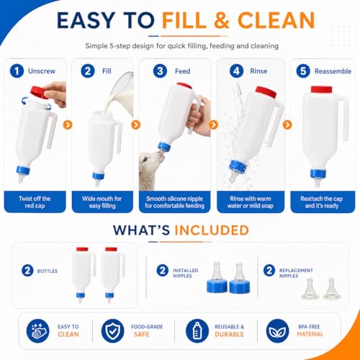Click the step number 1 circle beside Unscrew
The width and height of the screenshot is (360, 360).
[17, 71]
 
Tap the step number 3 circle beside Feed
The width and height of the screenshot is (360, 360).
[160, 71]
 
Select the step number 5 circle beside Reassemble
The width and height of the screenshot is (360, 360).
[303, 71]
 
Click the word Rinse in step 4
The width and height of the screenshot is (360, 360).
[258, 71]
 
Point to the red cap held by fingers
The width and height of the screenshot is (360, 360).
[39, 93]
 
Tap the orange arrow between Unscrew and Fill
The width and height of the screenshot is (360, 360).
[68, 125]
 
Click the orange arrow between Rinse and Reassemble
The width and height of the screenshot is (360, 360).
[287, 125]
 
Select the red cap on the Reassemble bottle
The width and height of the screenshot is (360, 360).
[321, 89]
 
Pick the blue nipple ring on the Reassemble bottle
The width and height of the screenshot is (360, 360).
[318, 174]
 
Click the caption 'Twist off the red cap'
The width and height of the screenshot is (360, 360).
[35, 202]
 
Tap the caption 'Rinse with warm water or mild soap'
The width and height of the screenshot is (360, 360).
[251, 202]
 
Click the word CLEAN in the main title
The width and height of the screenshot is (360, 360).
[276, 20]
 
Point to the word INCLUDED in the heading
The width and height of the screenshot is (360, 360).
[212, 230]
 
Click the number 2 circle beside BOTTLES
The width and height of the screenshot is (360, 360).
[27, 271]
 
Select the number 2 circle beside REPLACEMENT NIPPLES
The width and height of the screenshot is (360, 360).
[269, 271]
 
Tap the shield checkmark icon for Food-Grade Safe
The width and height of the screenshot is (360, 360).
[112, 330]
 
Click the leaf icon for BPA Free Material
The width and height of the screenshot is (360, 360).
[277, 330]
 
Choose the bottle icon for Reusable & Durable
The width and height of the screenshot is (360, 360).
[197, 330]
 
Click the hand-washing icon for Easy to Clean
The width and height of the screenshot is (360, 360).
[37, 330]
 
